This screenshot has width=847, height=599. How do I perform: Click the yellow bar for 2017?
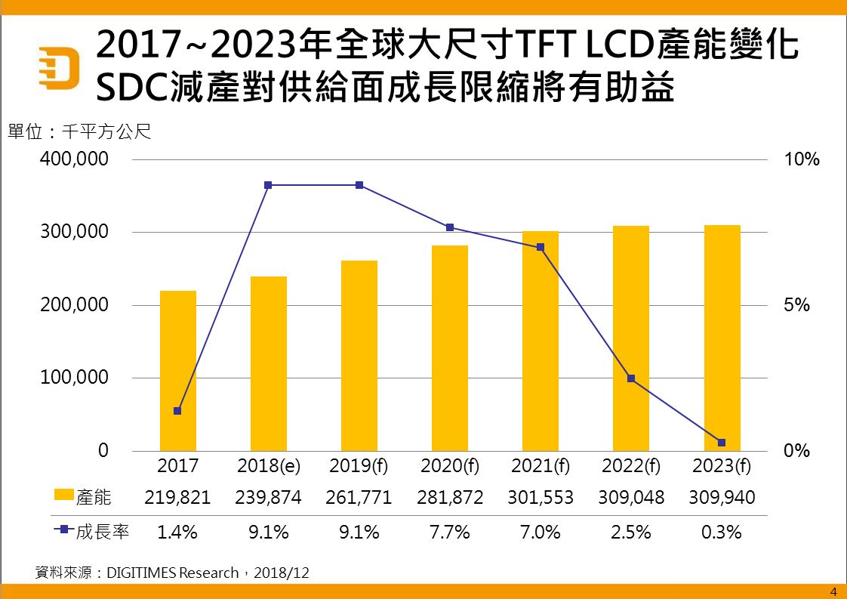tap(178, 370)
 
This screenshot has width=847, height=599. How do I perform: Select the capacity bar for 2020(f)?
tap(450, 347)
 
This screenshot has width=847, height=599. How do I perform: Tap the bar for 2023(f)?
tap(722, 338)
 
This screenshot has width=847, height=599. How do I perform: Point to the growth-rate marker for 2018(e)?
tap(268, 185)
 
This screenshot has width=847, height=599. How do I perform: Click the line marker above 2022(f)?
tap(631, 378)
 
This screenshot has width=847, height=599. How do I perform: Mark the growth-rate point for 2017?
tap(177, 411)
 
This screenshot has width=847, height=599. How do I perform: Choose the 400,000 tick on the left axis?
tap(74, 160)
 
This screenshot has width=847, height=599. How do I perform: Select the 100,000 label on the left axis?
tap(74, 378)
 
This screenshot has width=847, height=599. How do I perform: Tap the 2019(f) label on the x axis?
tap(359, 466)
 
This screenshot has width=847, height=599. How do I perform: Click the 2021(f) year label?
tap(541, 466)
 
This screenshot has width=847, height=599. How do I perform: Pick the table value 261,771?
tap(359, 498)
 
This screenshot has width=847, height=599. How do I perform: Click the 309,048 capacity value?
tap(631, 498)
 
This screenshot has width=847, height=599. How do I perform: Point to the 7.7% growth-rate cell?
tap(450, 532)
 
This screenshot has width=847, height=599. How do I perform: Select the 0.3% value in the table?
tap(722, 532)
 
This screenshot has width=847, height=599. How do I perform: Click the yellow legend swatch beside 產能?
tap(64, 496)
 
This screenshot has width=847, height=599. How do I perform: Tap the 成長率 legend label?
tap(103, 532)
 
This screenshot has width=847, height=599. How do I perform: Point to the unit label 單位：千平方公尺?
tap(79, 132)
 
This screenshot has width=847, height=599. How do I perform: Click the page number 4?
tap(833, 591)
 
